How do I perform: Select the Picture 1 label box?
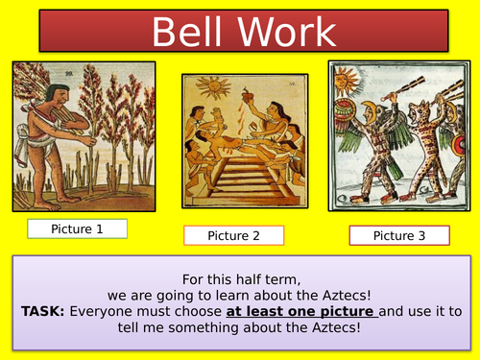pos(77,228)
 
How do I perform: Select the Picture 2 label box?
pos(233,235)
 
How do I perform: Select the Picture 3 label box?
pos(399,235)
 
